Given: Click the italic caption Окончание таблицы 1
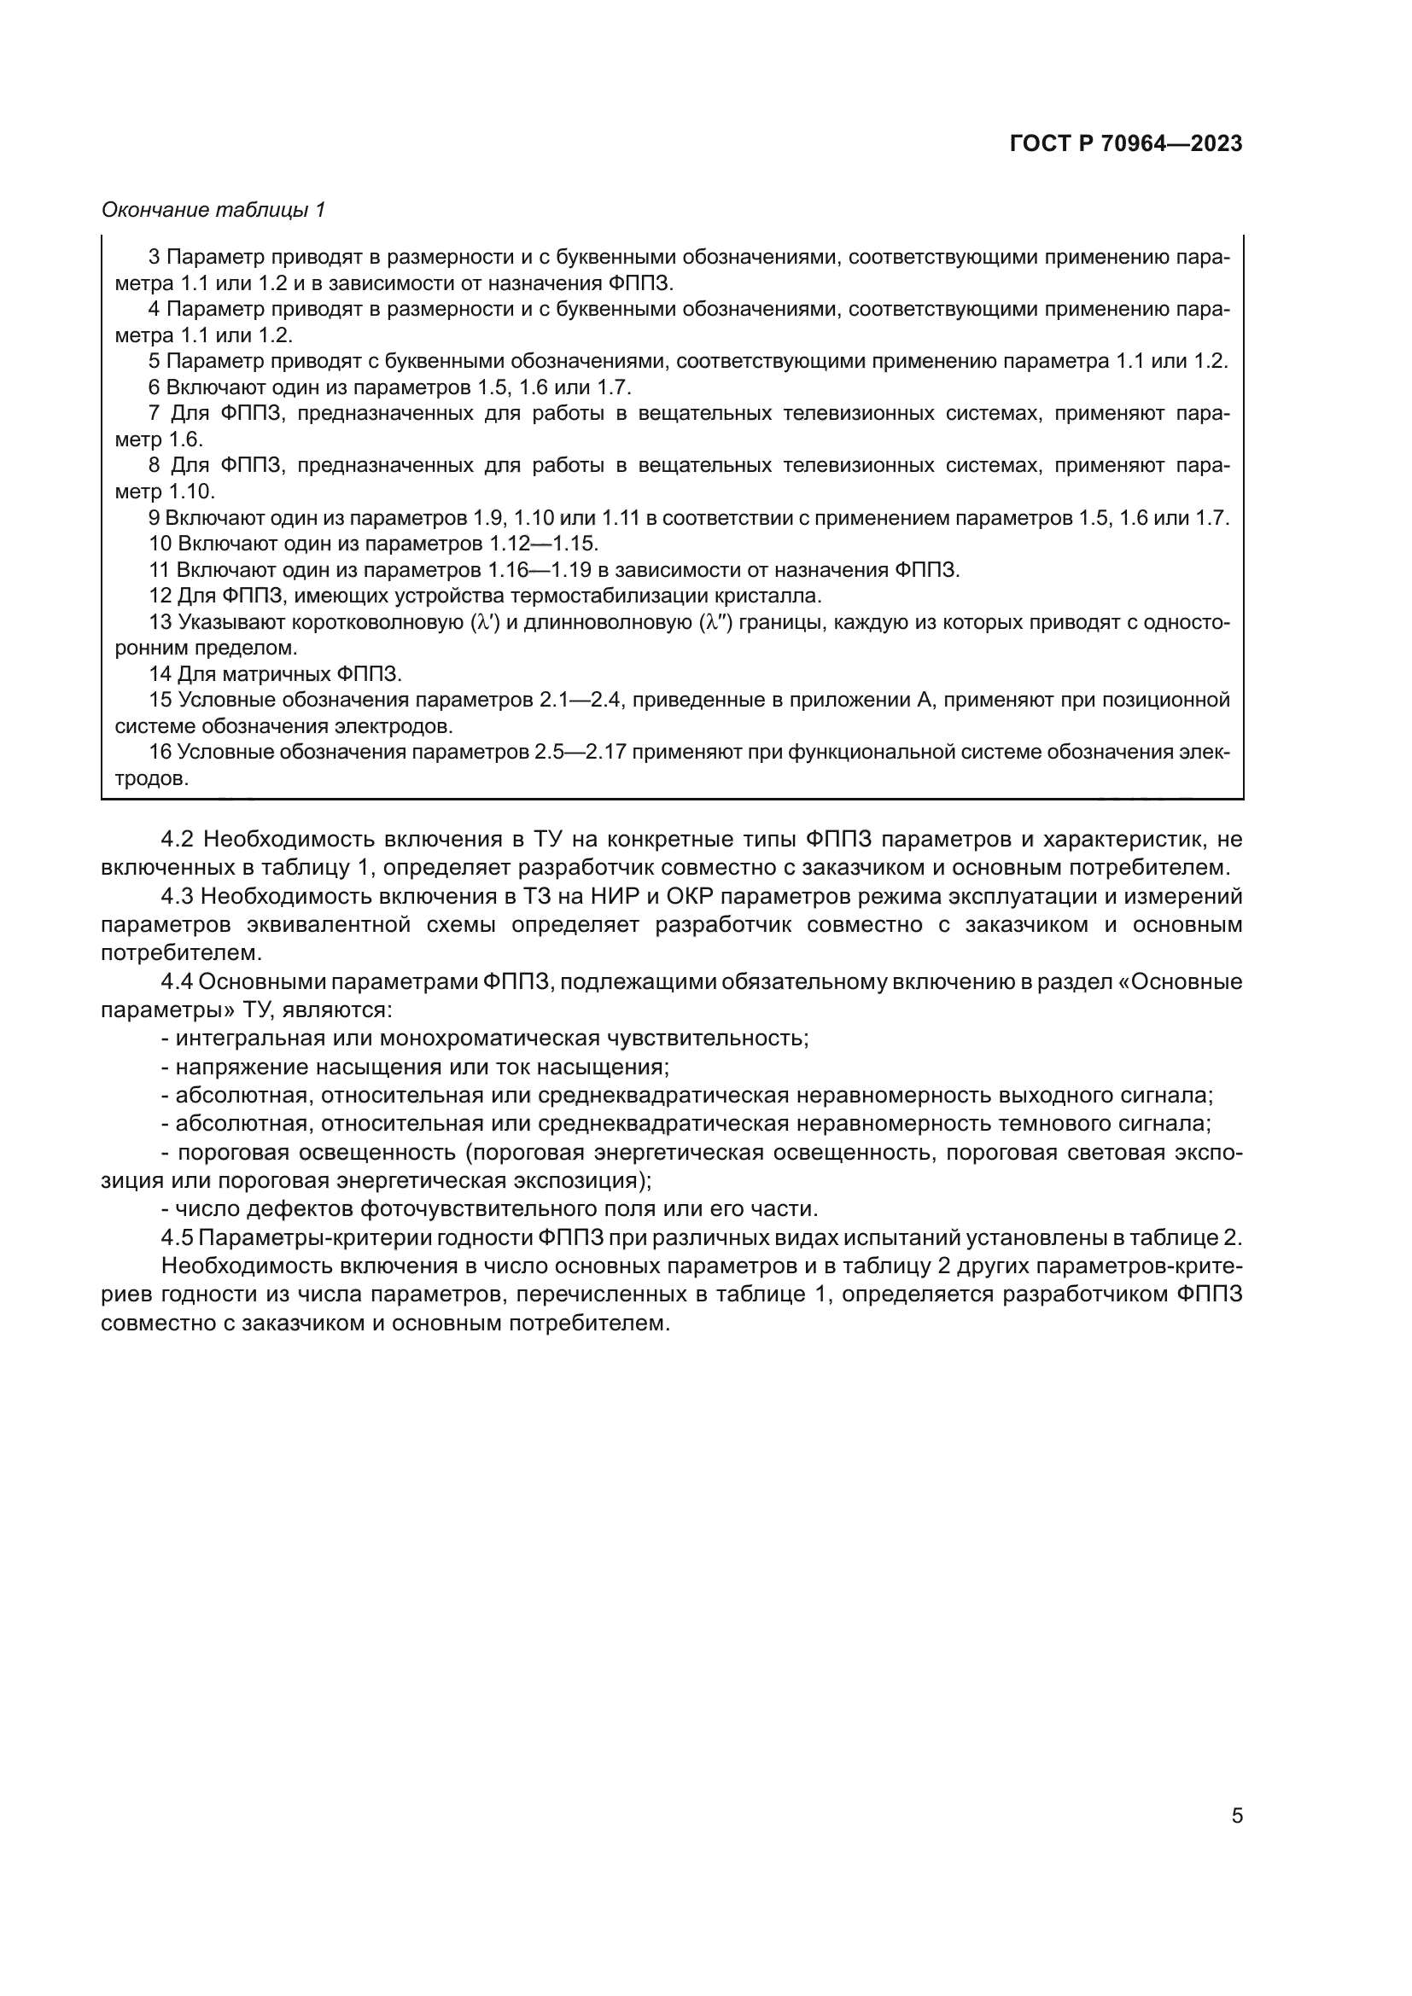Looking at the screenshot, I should point(213,210).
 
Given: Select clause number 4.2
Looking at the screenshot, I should point(179,839).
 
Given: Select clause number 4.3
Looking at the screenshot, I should point(179,896).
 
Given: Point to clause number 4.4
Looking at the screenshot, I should point(179,981).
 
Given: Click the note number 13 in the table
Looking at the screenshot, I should point(160,622).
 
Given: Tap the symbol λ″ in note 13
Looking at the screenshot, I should point(715,622).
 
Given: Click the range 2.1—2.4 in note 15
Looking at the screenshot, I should point(579,701).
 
